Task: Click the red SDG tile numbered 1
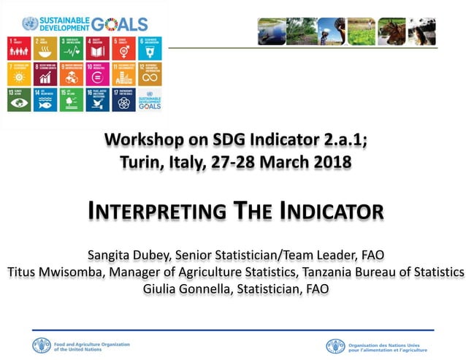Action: [x=18, y=47]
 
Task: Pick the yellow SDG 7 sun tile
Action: [x=18, y=74]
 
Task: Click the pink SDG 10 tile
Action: [x=97, y=74]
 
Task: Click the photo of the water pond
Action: [x=272, y=31]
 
